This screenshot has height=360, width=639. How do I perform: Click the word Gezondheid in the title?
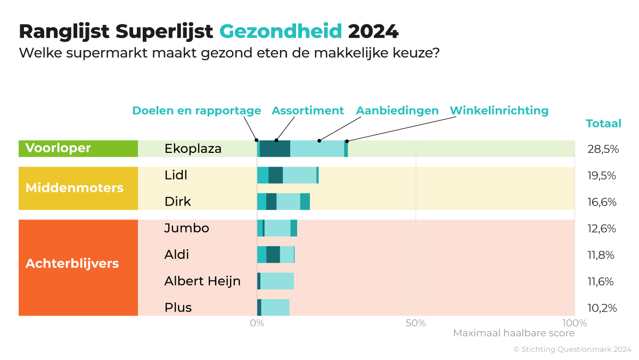click(281, 31)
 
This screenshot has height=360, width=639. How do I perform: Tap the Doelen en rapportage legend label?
click(196, 111)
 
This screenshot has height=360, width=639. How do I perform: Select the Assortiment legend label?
click(308, 111)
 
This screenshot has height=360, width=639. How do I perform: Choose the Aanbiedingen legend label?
click(397, 111)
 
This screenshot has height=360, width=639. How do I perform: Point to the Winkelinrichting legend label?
click(499, 111)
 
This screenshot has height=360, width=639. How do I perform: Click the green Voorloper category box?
click(78, 149)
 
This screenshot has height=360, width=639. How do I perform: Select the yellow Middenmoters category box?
click(78, 188)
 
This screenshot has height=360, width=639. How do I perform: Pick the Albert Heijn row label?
click(202, 281)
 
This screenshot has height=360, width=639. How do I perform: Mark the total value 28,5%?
click(603, 149)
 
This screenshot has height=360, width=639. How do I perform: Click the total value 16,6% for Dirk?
click(602, 202)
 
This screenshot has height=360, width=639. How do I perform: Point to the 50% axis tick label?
click(415, 323)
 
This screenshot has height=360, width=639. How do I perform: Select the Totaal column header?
click(603, 124)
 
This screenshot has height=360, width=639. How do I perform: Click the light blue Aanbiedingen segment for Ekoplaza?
click(317, 149)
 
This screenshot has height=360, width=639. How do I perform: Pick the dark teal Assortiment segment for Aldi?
click(273, 255)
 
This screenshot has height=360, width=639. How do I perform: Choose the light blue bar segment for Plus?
click(275, 307)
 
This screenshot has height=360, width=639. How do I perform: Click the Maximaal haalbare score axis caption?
click(514, 333)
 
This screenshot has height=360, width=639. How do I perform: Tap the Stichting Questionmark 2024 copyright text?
click(572, 349)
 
